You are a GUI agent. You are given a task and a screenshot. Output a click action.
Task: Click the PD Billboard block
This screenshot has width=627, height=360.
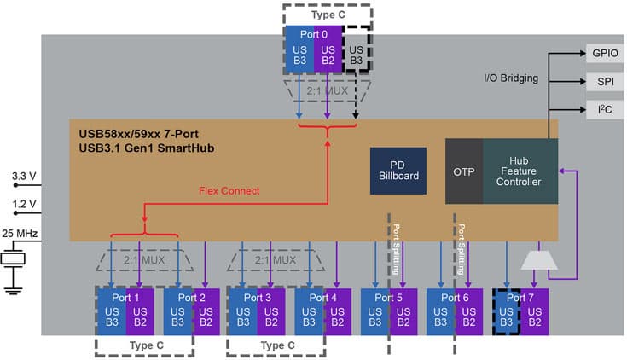tap(398, 170)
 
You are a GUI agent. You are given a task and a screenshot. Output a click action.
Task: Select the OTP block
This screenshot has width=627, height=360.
tap(462, 171)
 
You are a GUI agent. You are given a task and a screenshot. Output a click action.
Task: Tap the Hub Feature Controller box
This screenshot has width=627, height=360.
tap(519, 171)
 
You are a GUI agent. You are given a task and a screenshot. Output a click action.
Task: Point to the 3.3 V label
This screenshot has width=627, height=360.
tap(24, 176)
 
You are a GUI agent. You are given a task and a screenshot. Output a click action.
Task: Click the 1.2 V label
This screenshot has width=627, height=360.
tap(24, 205)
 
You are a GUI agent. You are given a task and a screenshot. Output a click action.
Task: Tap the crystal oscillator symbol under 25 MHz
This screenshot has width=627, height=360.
tap(13, 258)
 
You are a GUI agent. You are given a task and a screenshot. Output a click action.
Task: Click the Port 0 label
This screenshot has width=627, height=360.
tap(312, 35)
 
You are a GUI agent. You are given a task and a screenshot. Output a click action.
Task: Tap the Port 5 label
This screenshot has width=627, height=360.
tap(388, 298)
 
